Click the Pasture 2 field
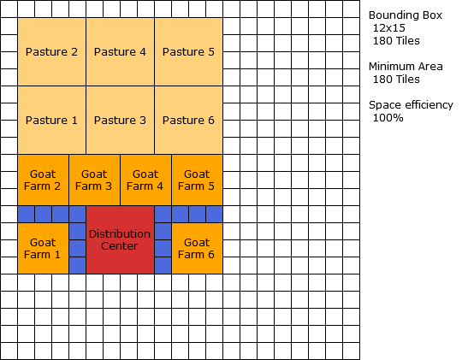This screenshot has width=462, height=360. (51, 51)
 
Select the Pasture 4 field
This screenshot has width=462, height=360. (120, 51)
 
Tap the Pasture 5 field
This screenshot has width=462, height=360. (188, 51)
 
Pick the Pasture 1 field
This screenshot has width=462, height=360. (51, 120)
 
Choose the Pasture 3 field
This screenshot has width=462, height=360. (120, 120)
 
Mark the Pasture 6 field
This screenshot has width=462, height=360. (188, 120)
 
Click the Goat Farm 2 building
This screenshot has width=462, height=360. (43, 180)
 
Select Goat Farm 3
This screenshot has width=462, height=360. (94, 180)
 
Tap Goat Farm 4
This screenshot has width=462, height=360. (145, 180)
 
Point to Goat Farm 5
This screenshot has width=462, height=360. (197, 180)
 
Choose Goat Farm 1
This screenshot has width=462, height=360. (43, 248)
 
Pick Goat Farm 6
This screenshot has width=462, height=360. (197, 248)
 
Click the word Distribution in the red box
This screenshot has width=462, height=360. (120, 233)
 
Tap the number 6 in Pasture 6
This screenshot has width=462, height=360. (210, 121)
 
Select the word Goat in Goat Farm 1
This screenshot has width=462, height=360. (43, 242)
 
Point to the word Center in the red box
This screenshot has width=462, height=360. (120, 246)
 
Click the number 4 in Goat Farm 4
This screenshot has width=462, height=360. (159, 186)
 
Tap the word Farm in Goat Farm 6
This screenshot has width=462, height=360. (191, 255)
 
